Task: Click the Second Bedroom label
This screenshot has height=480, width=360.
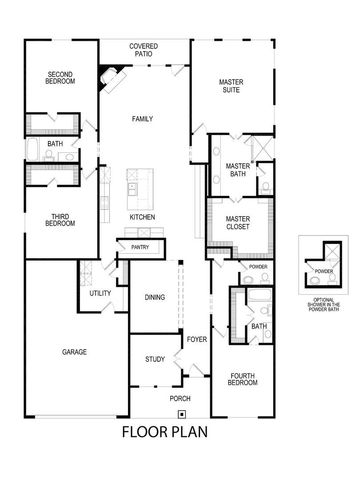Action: [x=61, y=77]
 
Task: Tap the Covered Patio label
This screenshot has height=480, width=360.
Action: [x=144, y=49]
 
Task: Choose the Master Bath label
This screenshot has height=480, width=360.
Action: [x=238, y=170]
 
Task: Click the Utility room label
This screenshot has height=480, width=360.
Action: [x=99, y=293]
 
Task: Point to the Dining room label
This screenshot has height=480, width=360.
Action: [x=154, y=297]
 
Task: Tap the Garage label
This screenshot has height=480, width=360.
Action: [x=74, y=352]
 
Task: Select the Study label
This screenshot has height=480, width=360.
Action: [x=154, y=358]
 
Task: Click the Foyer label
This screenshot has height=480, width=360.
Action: [x=196, y=338]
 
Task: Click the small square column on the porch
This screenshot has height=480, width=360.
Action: [x=181, y=413]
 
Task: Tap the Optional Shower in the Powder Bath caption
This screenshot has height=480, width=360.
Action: [x=322, y=303]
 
